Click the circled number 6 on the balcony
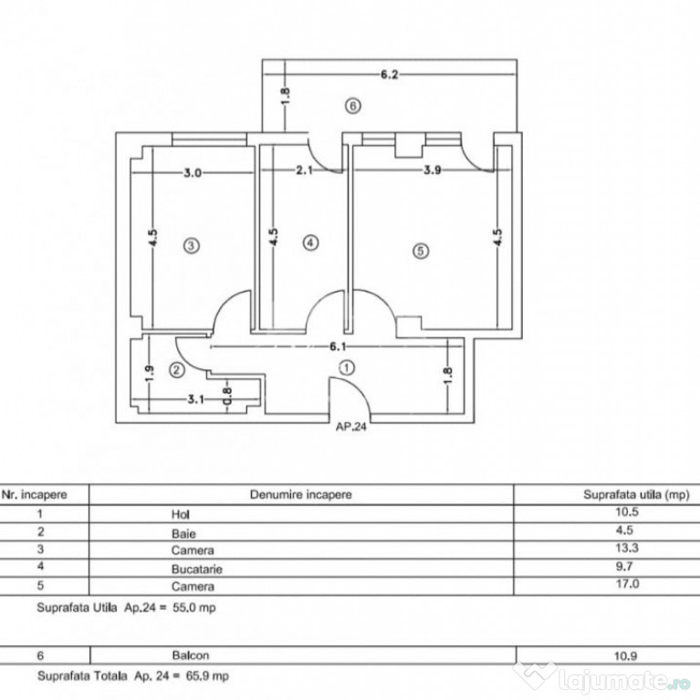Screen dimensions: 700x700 click(353, 107)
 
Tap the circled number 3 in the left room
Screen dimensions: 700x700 click(192, 245)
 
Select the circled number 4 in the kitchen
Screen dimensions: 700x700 click(310, 242)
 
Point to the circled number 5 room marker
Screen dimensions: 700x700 click(420, 251)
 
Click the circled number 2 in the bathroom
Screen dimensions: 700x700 click(177, 370)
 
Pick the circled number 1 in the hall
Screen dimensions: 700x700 click(348, 368)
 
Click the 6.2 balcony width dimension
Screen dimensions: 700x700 click(390, 74)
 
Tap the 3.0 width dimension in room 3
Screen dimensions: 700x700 click(193, 172)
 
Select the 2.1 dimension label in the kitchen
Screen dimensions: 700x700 click(304, 170)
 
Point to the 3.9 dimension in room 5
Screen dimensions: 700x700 click(433, 170)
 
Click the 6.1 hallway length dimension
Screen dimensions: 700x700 click(338, 346)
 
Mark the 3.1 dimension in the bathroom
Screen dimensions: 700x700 click(195, 399)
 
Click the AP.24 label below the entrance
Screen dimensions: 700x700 click(351, 427)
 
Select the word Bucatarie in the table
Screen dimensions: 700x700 click(197, 569)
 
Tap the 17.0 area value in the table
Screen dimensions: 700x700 click(627, 583)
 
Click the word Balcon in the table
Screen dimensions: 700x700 click(191, 655)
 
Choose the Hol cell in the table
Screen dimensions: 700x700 click(181, 514)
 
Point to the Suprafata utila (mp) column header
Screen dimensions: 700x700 click(636, 495)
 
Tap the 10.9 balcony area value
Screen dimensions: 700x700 click(626, 656)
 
